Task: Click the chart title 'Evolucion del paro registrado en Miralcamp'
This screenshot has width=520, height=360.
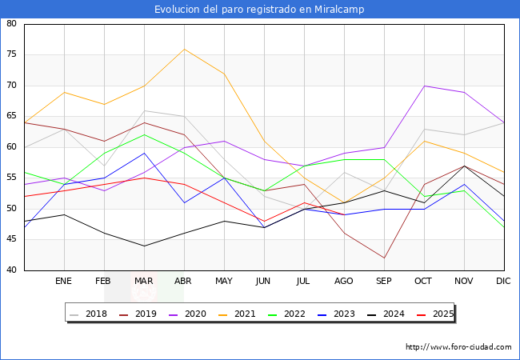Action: [x=260, y=9]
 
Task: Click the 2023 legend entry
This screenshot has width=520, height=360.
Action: [x=342, y=314]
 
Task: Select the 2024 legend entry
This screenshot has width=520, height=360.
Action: [x=392, y=314]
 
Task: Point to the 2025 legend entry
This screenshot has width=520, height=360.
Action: [x=442, y=314]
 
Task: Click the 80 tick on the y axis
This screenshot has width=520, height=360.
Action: [x=11, y=24]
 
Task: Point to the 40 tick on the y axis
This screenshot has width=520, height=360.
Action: [x=11, y=270]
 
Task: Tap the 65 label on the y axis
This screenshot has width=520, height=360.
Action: [x=11, y=117]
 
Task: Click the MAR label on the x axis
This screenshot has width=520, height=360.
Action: [x=144, y=282]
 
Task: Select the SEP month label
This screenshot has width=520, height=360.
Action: [x=384, y=282]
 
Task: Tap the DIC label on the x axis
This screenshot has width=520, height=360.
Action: [x=503, y=282]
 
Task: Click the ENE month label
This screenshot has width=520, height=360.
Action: [x=64, y=282]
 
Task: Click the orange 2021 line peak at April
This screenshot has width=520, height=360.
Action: [x=184, y=49]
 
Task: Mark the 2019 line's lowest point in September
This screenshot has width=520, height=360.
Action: [x=384, y=258]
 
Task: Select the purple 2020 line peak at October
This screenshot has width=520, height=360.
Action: [x=424, y=86]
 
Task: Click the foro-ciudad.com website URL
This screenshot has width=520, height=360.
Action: [x=458, y=347]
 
